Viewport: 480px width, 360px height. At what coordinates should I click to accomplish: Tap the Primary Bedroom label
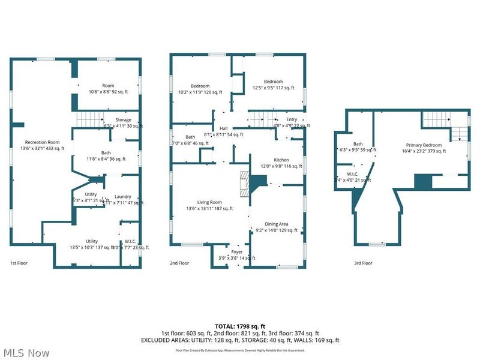coord(424,145)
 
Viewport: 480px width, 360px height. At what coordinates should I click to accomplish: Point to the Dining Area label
coord(276,224)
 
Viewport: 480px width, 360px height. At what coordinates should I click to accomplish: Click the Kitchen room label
coord(281,160)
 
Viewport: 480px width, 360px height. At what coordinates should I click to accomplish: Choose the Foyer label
coord(237,252)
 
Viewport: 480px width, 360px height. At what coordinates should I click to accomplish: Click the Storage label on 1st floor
coord(123,120)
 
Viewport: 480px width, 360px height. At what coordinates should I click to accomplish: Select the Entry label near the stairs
coord(292,119)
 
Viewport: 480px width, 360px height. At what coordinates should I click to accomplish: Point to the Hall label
coord(223,128)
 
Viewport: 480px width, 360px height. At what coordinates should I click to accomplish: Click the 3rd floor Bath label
coord(358,144)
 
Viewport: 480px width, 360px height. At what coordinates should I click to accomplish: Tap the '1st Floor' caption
coord(19,263)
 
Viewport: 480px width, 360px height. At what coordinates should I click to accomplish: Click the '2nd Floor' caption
coord(179,263)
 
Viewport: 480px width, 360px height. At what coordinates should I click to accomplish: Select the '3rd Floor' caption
coord(363,263)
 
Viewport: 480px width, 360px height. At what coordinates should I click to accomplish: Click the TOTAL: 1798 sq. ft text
coord(239,326)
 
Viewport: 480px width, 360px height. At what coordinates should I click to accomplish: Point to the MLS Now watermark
coord(26,353)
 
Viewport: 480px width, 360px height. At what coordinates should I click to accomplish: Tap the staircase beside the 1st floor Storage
coord(91,119)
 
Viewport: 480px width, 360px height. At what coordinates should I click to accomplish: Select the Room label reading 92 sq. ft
coord(108,86)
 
